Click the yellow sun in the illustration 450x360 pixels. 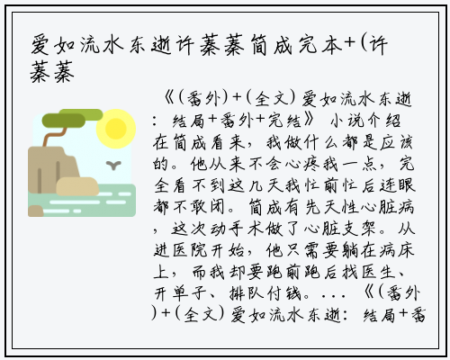[116, 129]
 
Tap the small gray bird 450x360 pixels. [113, 165]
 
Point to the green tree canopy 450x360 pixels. [72, 118]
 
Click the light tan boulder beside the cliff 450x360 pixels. [77, 186]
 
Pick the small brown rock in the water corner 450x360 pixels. [36, 211]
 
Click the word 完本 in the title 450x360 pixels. [320, 46]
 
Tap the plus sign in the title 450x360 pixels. [350, 44]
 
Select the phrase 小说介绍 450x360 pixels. [365, 121]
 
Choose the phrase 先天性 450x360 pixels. [332, 207]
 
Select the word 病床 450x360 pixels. [397, 250]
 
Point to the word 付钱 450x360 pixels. [284, 293]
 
